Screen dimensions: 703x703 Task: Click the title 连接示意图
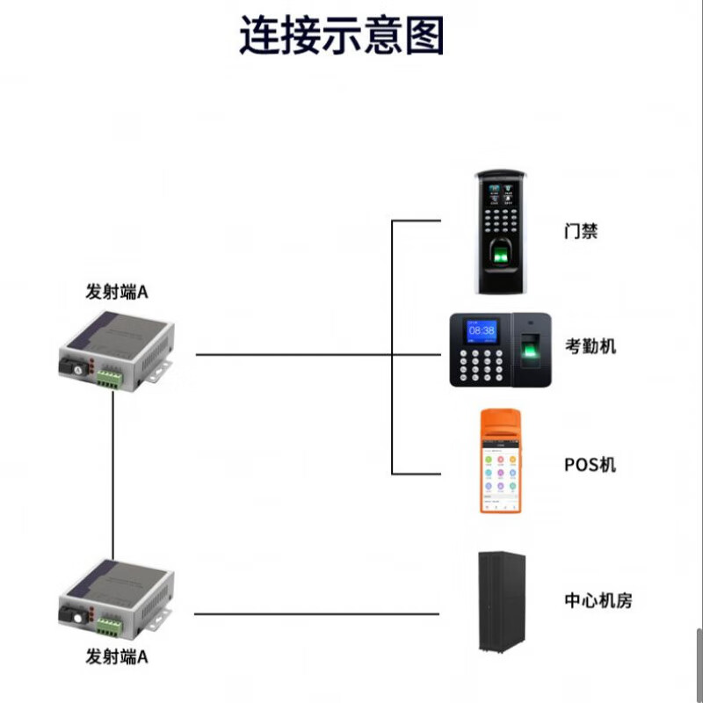[342, 37]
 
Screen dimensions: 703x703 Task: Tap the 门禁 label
[581, 232]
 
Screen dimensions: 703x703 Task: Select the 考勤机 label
[590, 345]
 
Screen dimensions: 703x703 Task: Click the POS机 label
[590, 463]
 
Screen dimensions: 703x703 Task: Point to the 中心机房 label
[598, 601]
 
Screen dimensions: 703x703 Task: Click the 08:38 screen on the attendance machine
[482, 330]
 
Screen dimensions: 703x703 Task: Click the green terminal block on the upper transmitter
[109, 377]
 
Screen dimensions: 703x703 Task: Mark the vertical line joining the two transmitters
[114, 475]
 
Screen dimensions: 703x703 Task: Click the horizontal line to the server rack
[316, 614]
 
